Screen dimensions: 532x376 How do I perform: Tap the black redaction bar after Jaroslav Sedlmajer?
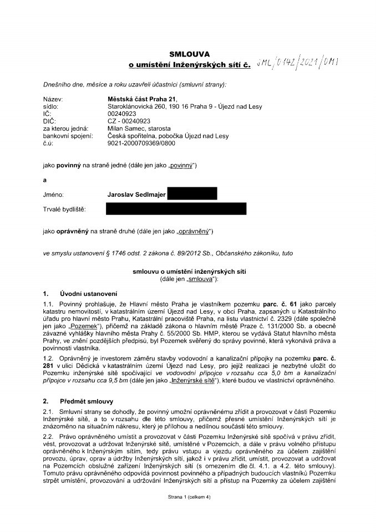tap(192, 194)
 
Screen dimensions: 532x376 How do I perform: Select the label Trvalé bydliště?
tap(65, 209)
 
